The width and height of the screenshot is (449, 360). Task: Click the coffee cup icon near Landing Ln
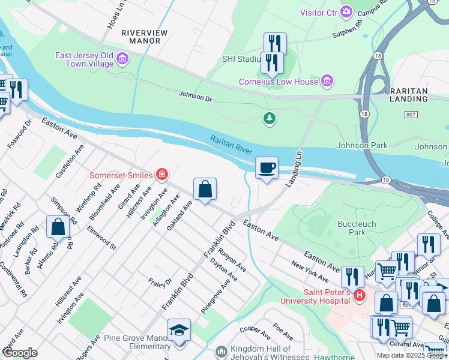267,167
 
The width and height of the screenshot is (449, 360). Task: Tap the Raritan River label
231,145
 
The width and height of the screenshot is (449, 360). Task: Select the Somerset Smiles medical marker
161,175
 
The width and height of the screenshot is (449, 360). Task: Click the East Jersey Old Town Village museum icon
123,58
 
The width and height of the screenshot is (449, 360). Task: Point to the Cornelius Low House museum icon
327,80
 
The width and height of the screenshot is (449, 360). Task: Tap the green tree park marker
270,119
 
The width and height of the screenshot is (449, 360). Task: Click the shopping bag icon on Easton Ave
205,189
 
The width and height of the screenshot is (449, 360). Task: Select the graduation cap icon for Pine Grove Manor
179,330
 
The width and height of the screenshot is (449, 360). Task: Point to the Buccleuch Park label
357,228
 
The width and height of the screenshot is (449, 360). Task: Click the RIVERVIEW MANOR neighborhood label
141,37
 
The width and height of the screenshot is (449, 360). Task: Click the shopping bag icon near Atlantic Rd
58,227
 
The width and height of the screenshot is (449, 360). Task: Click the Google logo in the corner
20,353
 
